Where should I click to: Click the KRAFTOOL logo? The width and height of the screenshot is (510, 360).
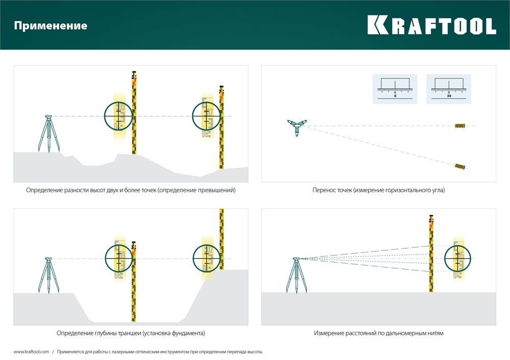click(x=431, y=25)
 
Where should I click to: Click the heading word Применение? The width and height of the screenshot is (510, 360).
click(x=50, y=25)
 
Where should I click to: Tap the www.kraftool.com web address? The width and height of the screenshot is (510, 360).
click(x=31, y=352)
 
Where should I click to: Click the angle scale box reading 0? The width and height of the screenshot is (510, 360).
click(x=395, y=89)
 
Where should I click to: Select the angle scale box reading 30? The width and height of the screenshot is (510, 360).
click(x=449, y=89)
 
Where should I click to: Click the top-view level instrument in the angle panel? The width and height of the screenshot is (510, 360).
click(x=296, y=126)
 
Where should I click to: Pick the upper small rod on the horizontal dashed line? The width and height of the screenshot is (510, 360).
click(x=461, y=126)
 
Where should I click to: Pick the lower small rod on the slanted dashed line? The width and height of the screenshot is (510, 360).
click(x=461, y=166)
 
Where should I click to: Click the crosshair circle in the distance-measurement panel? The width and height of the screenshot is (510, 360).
click(x=457, y=259)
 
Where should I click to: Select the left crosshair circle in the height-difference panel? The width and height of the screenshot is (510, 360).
click(x=118, y=116)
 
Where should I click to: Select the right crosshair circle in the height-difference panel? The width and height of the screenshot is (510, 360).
click(x=206, y=116)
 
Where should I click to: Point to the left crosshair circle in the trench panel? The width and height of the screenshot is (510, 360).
click(x=118, y=259)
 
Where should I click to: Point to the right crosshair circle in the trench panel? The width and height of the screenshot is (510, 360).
click(x=207, y=259)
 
